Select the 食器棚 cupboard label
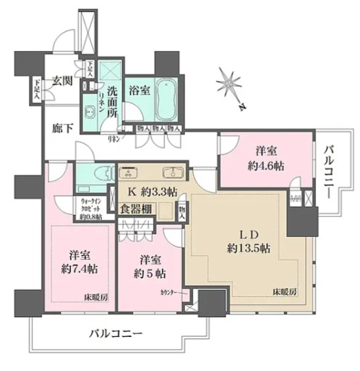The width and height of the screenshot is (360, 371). (135, 210)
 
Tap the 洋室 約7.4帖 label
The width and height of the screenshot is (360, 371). (80, 262)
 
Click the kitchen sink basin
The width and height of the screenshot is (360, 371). (174, 170)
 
